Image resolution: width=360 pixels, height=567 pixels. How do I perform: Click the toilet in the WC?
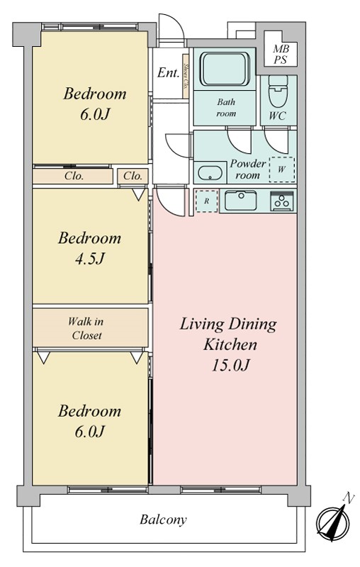pyautogui.click(x=278, y=91)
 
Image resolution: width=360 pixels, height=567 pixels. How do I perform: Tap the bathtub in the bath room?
pyautogui.click(x=225, y=69)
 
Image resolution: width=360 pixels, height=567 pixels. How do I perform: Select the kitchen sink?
pyautogui.click(x=240, y=201)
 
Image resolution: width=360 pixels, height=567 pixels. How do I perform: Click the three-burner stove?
pyautogui.click(x=282, y=201)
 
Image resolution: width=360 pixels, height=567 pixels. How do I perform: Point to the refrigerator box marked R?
pyautogui.click(x=207, y=201)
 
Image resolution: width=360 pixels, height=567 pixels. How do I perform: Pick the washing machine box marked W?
pyautogui.click(x=282, y=169)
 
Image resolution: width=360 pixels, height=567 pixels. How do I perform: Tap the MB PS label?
pyautogui.click(x=281, y=55)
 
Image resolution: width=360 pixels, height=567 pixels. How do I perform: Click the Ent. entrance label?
pyautogui.click(x=168, y=73)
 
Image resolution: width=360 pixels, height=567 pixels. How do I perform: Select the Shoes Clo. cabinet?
pyautogui.click(x=186, y=76)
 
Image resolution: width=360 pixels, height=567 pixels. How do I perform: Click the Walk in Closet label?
pyautogui.click(x=86, y=328)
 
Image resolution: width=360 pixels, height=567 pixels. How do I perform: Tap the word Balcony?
pyautogui.click(x=164, y=520)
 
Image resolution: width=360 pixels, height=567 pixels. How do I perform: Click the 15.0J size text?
pyautogui.click(x=230, y=365)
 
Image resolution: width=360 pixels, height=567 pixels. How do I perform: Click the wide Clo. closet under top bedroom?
pyautogui.click(x=73, y=176)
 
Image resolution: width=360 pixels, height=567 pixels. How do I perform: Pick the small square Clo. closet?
pyautogui.click(x=133, y=176)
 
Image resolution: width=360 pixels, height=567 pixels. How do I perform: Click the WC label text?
pyautogui.click(x=277, y=116)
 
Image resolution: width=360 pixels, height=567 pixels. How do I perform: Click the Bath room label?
pyautogui.click(x=226, y=108)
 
